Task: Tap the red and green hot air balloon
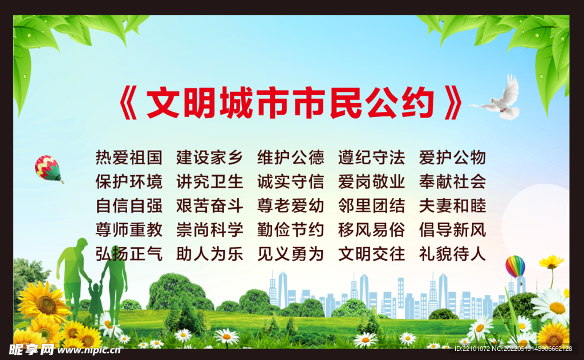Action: click(48, 167)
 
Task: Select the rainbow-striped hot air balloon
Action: click(515, 266)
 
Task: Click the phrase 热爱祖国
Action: click(129, 157)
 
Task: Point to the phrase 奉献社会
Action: click(452, 181)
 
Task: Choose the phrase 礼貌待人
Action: click(452, 253)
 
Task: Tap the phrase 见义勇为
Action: click(290, 253)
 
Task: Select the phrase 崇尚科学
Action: click(210, 229)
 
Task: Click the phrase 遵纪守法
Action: click(371, 157)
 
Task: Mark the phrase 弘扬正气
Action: click(129, 253)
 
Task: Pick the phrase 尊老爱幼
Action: click(290, 205)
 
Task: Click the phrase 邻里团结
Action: click(371, 205)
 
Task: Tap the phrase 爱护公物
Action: click(452, 157)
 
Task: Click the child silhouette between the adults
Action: click(96, 300)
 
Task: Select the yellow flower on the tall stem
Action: click(551, 262)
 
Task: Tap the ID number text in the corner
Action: click(515, 349)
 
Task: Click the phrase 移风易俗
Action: click(371, 229)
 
